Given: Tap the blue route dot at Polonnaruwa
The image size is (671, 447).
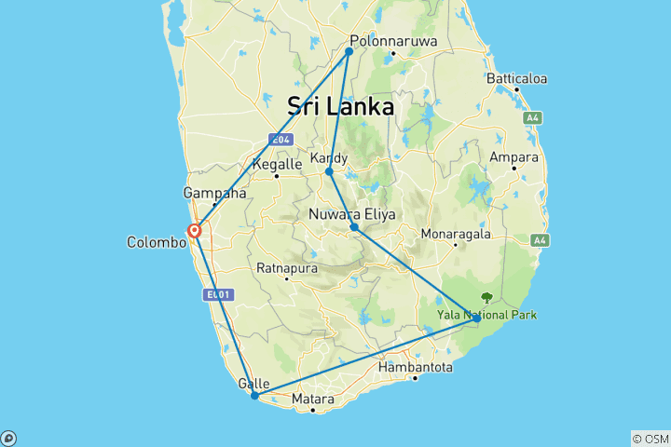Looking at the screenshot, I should click(349, 51).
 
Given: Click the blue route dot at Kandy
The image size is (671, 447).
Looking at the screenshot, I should click(329, 171).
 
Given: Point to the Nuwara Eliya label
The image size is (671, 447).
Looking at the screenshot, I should click(352, 215).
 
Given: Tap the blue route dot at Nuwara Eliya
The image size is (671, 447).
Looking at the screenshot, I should click(354, 227).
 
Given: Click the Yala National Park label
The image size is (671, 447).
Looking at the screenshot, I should click(486, 315).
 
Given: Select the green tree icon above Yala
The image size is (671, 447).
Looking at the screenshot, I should click(486, 298).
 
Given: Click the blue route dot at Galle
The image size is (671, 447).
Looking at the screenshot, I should click(254, 396).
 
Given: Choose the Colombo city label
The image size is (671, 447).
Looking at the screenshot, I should click(157, 242).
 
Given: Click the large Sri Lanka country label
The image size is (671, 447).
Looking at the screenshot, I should click(340, 106).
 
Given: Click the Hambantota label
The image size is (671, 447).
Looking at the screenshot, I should click(416, 368).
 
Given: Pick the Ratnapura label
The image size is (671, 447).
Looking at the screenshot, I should click(287, 268).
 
